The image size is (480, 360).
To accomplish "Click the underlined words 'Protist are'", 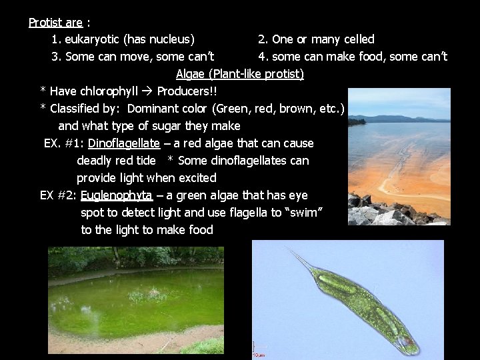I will point(55,22).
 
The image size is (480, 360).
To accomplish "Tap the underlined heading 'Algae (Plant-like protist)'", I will point(240,74).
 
